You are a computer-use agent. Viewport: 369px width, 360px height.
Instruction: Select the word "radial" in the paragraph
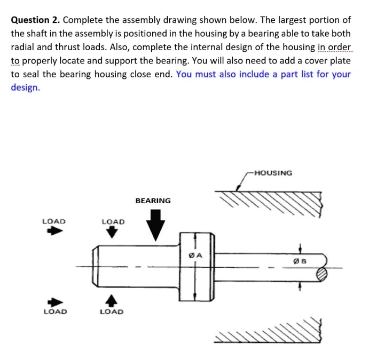tap(23, 47)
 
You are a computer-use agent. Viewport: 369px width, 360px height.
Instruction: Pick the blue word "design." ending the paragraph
tap(25, 87)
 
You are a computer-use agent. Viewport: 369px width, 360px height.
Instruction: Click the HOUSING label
tap(273, 173)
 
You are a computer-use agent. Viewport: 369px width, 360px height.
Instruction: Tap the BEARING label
tap(153, 201)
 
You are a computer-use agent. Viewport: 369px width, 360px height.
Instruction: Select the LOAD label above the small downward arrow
tap(113, 221)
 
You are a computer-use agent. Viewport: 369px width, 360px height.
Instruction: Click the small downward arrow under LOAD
tap(112, 232)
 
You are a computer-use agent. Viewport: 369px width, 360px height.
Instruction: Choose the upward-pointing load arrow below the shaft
tap(112, 300)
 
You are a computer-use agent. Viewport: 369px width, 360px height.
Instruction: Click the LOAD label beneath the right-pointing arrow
tap(54, 311)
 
